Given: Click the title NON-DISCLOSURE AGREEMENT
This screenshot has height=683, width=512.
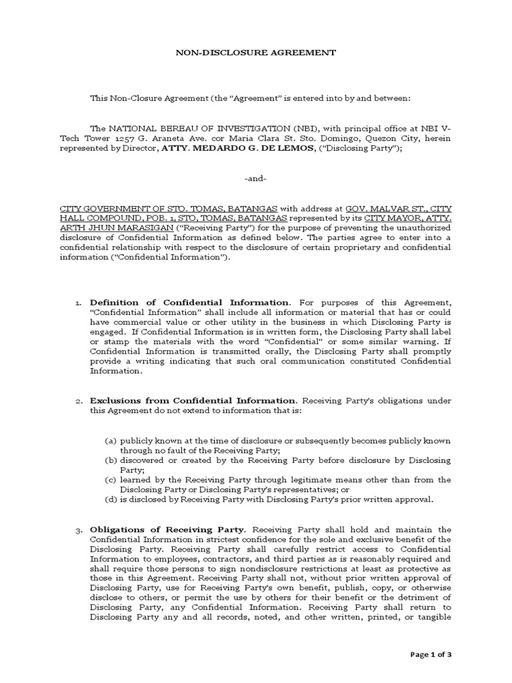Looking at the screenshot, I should pyautogui.click(x=255, y=52).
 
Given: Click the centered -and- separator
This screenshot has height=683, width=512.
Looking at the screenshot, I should pyautogui.click(x=255, y=179).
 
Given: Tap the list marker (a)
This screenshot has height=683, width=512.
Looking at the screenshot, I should pyautogui.click(x=111, y=441).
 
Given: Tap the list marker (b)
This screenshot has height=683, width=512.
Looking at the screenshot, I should pyautogui.click(x=111, y=460).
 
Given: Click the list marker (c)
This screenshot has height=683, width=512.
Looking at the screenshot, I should pyautogui.click(x=111, y=480).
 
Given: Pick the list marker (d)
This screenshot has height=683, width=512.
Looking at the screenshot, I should pyautogui.click(x=111, y=499).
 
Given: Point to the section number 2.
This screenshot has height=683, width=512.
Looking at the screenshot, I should pyautogui.click(x=78, y=401).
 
